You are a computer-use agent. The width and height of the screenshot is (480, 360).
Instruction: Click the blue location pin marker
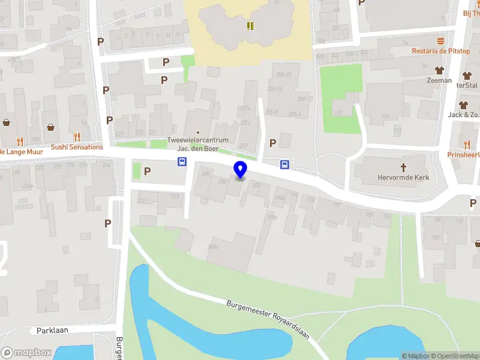240,170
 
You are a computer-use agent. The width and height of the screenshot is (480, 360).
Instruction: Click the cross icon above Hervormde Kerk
404,166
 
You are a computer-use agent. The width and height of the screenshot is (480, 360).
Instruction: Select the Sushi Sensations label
77,147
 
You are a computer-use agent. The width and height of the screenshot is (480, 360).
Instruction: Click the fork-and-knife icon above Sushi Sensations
77,137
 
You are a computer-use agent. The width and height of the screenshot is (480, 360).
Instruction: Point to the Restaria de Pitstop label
440,51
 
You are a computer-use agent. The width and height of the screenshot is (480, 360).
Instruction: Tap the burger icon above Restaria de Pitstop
441,41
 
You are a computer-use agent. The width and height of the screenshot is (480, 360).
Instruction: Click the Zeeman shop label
439,80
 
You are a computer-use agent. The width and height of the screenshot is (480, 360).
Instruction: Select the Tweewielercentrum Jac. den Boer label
197,144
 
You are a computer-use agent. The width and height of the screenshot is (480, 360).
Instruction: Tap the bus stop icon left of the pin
181,161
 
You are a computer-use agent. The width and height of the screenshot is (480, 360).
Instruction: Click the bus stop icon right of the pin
284,164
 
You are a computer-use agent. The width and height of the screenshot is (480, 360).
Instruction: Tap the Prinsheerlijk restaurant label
463,154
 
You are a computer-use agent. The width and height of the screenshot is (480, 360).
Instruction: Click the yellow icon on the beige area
250,26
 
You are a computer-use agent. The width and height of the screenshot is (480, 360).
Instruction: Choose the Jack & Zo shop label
463,115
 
